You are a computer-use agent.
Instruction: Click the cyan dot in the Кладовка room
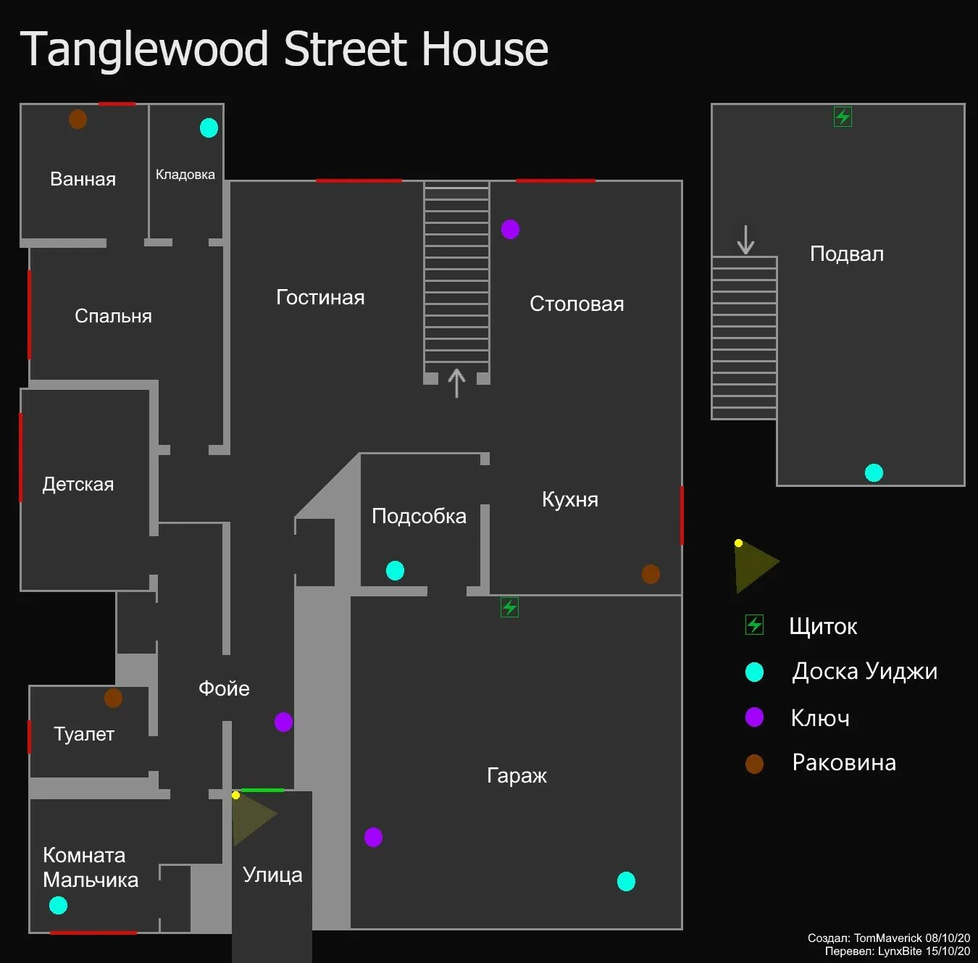pos(209,128)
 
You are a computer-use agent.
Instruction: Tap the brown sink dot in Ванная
pos(78,119)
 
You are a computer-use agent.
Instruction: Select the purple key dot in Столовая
pos(510,229)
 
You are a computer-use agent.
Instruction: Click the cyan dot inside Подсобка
pos(395,570)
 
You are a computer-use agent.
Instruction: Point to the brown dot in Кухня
pos(651,574)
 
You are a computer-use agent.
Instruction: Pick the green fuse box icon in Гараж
pos(509,607)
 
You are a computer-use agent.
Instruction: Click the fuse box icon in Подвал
pos(843,117)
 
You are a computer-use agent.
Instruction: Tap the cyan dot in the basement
pos(874,472)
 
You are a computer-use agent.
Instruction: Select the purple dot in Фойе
pos(283,722)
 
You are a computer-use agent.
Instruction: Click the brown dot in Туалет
pos(113,698)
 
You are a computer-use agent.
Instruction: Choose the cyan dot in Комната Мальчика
pos(58,905)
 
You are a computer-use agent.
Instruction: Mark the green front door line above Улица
pos(262,790)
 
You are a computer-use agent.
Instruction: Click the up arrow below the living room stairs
pos(456,383)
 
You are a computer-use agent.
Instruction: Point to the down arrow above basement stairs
pos(745,239)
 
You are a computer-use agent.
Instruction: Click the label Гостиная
pos(320,297)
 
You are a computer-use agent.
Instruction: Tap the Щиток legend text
pos(823,626)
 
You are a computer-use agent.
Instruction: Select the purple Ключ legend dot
pos(754,717)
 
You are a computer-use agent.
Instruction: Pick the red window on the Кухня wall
pos(681,514)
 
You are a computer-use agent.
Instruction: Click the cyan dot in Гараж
pos(626,881)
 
